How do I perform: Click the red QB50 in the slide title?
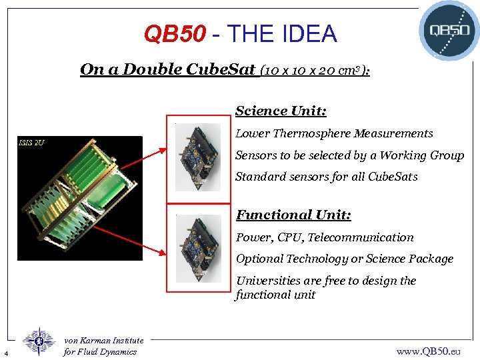click(x=175, y=34)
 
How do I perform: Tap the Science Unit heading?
click(x=281, y=111)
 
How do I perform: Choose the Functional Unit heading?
click(x=293, y=215)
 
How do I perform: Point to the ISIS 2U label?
click(x=31, y=142)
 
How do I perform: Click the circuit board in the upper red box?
click(x=198, y=157)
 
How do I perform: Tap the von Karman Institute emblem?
click(x=39, y=341)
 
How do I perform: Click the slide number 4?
click(x=5, y=353)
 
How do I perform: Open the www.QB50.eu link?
click(x=428, y=351)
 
